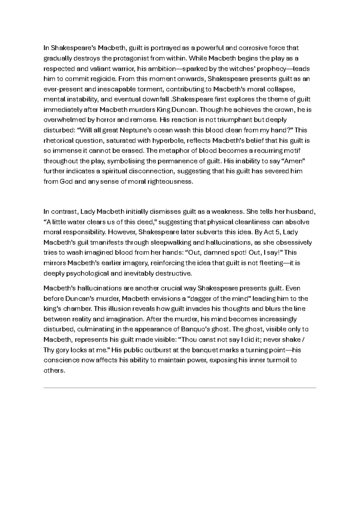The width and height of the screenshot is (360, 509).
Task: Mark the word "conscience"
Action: point(62,360)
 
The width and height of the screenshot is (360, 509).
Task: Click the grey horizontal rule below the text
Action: point(180,388)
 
